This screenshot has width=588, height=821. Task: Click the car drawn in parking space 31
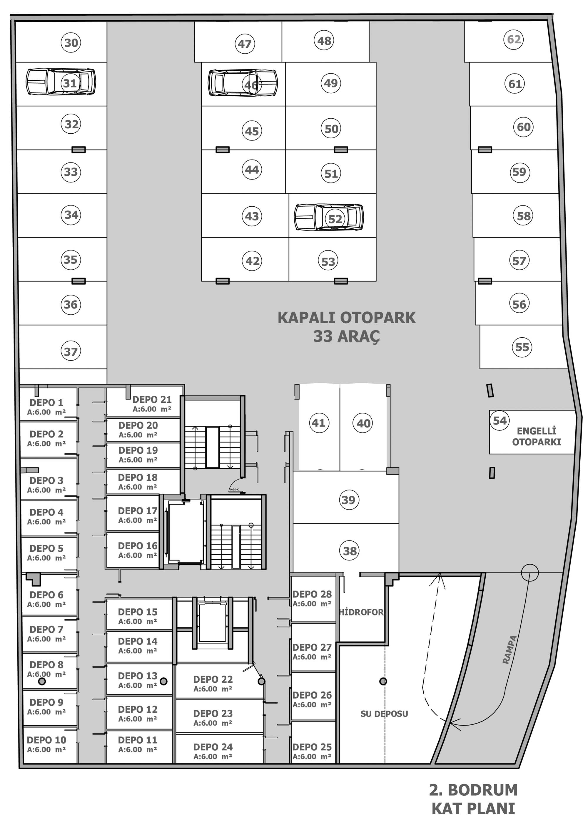(61, 82)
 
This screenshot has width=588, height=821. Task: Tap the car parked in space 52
(328, 217)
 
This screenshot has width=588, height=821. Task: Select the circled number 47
(245, 44)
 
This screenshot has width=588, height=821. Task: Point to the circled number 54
(500, 421)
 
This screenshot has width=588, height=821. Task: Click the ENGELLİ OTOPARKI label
(536, 436)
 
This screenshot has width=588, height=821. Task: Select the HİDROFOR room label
(361, 612)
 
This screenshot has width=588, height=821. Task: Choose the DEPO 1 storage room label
(46, 402)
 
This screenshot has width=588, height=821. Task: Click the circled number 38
(350, 551)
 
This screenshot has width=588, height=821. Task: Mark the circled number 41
(319, 423)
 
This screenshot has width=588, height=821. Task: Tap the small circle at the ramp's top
(530, 572)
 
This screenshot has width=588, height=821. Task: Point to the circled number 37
(71, 351)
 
